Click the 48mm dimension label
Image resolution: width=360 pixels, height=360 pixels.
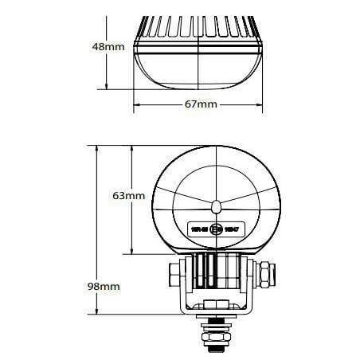(109, 46)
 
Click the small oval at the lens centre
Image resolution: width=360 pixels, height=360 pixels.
(217, 207)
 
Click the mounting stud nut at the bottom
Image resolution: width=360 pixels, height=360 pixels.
(216, 335)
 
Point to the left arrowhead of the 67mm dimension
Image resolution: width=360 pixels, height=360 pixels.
(136, 104)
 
